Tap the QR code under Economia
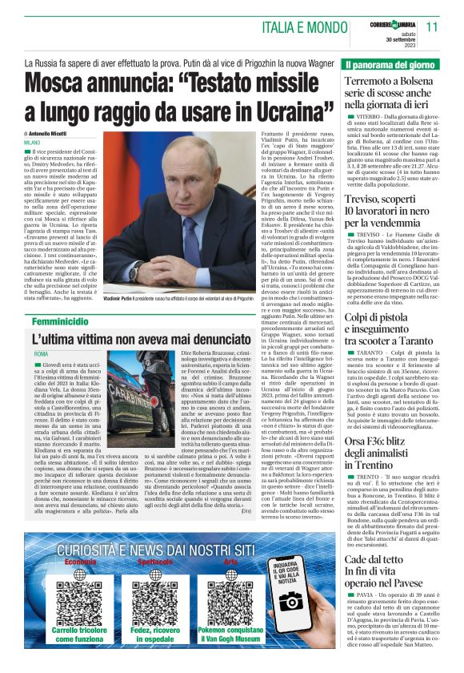tap(79, 603)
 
